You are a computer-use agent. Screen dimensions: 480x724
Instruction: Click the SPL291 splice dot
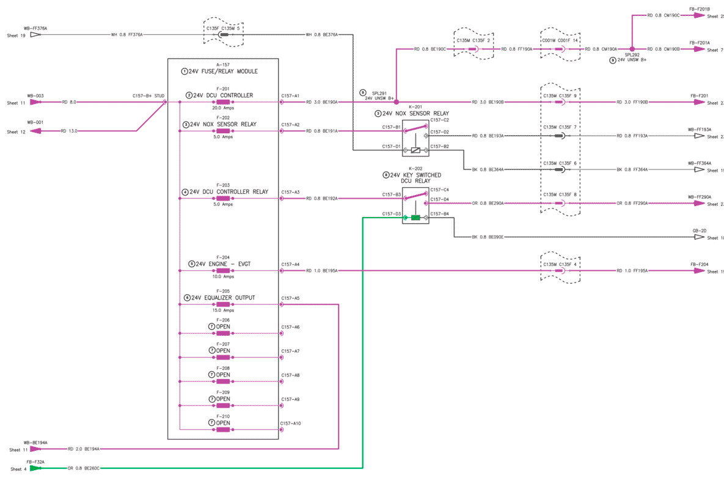coord(397,102)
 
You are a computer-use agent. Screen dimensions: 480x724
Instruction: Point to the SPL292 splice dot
coord(632,49)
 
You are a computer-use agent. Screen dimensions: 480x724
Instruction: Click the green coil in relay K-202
coord(415,217)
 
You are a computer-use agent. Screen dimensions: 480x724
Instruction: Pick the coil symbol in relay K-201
coord(415,149)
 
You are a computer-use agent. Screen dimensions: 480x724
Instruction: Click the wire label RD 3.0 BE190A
coord(322,102)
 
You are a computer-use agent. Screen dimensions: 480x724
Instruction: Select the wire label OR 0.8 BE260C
coord(84,468)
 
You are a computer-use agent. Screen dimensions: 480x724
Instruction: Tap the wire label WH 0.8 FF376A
coord(127,35)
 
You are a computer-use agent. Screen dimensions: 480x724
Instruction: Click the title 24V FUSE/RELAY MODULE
coord(223,72)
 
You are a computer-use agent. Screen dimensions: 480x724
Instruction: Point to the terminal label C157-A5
coord(290,298)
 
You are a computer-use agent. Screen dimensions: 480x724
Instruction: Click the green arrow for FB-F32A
coord(35,468)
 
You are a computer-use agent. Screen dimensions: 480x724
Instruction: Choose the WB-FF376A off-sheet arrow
coord(35,35)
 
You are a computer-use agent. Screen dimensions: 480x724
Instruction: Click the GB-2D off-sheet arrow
coord(699,237)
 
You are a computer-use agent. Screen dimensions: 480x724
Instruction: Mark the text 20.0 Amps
coord(223,108)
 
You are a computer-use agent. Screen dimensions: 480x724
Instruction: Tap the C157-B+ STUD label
coord(148,96)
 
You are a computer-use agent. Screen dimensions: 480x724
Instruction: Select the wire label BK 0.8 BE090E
coord(488,237)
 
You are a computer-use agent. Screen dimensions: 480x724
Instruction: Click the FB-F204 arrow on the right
coord(700,270)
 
